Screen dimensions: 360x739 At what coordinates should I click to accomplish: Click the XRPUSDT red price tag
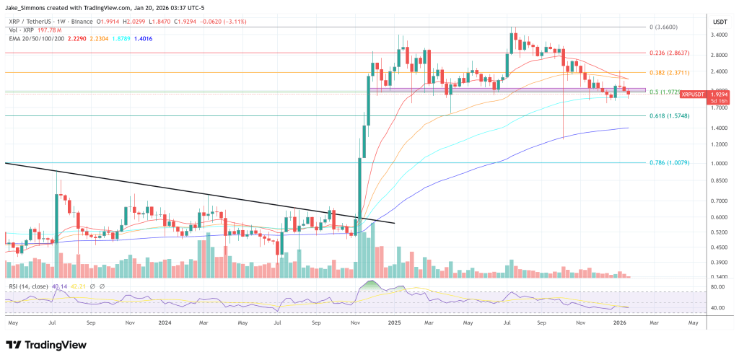point(694,94)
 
